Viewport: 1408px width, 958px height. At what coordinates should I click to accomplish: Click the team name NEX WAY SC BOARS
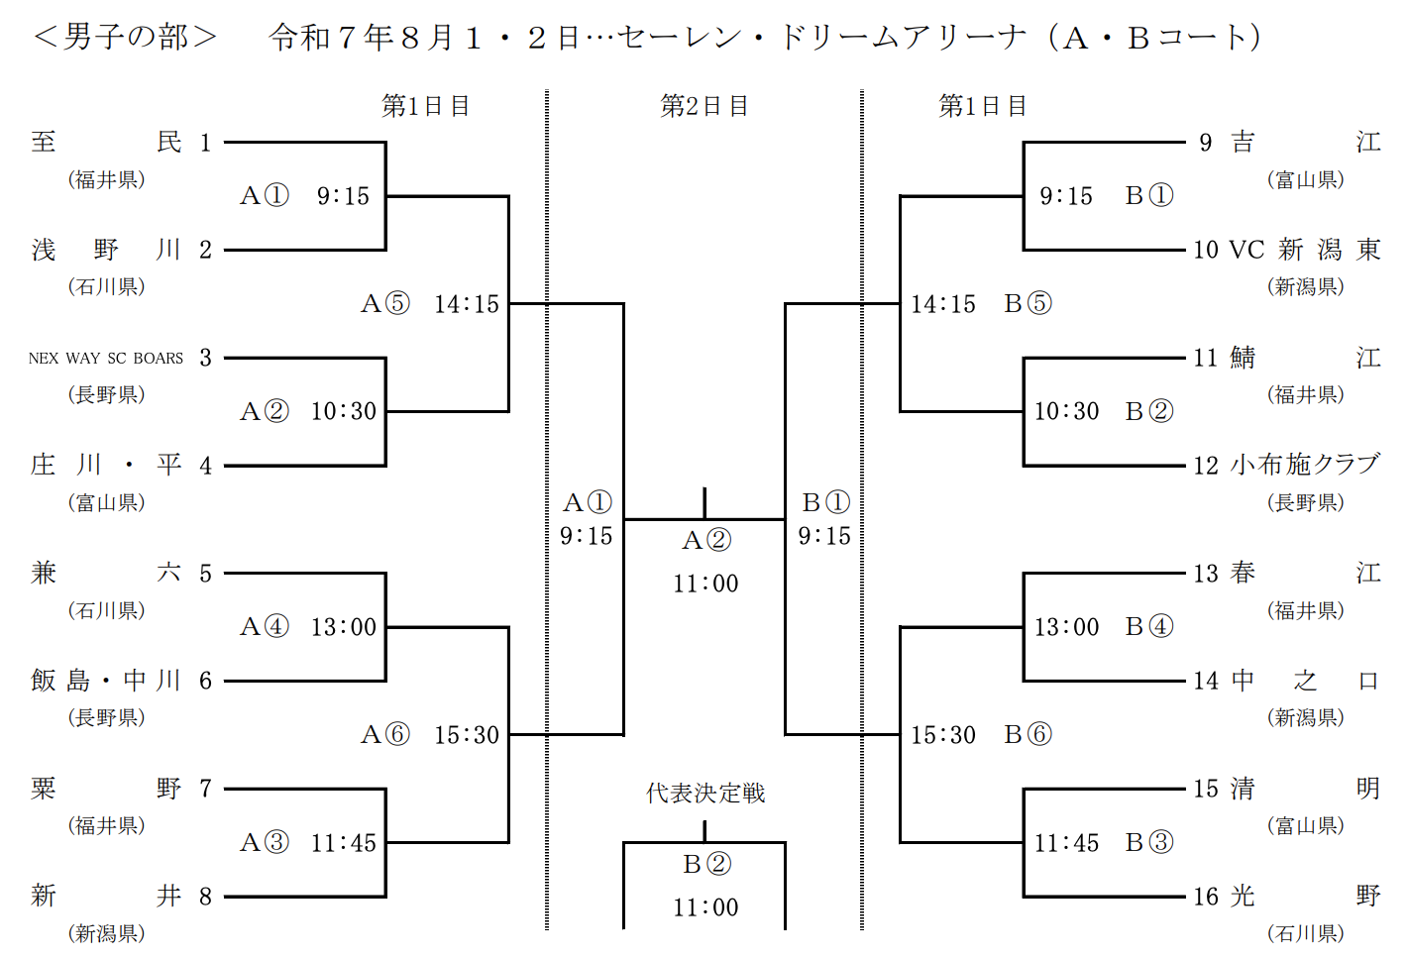106,358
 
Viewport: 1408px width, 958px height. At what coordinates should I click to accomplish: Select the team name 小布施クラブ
1305,465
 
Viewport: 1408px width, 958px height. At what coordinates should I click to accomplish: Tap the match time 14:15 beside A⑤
467,304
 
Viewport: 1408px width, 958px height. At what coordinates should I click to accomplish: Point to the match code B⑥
1028,734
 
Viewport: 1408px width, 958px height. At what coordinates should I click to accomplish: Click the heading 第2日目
704,106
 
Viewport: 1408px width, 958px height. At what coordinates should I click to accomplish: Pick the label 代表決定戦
705,793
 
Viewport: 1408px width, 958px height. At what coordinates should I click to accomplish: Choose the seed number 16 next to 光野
1206,897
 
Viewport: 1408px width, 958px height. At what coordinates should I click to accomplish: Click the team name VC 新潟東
1305,250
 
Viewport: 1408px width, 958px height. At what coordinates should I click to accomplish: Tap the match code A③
265,843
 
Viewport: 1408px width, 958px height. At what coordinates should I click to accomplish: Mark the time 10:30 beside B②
1066,411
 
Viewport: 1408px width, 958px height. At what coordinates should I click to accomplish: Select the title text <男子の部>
125,37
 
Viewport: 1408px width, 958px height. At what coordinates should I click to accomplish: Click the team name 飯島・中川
106,681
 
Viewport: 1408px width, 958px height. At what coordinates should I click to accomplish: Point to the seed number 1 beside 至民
205,143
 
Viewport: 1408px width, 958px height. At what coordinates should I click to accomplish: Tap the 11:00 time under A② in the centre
705,584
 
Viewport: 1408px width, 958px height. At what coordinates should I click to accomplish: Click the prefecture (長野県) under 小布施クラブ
1305,502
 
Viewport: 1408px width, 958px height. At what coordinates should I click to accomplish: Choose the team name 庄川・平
106,465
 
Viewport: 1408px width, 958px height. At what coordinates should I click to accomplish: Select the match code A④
265,627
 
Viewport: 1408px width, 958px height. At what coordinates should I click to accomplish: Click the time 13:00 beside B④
1066,627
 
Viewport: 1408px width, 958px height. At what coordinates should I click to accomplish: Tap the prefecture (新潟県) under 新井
106,933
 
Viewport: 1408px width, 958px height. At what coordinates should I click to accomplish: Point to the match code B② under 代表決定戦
706,864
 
